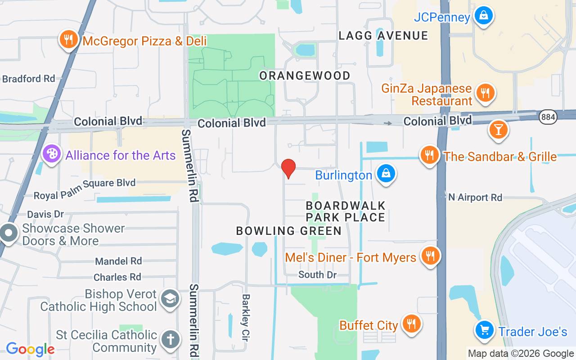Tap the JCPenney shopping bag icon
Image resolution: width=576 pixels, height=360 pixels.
tap(483, 16)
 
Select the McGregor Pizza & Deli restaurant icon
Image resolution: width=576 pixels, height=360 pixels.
tap(68, 40)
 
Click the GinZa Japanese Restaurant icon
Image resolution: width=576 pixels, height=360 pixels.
tap(485, 93)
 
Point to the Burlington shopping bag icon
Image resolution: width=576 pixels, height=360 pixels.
tap(386, 174)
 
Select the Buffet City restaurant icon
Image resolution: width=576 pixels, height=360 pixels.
tap(410, 324)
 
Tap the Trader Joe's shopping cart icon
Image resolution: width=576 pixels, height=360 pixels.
tap(485, 331)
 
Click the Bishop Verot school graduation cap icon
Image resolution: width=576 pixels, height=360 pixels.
tap(170, 299)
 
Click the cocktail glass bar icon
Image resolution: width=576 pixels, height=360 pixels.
tap(498, 130)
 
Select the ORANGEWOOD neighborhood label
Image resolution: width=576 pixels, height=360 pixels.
tap(305, 76)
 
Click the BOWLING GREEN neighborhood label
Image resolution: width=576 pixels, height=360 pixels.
tap(289, 231)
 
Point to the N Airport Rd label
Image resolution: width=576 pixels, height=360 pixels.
tap(475, 197)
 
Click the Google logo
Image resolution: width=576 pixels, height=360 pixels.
tap(30, 349)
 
